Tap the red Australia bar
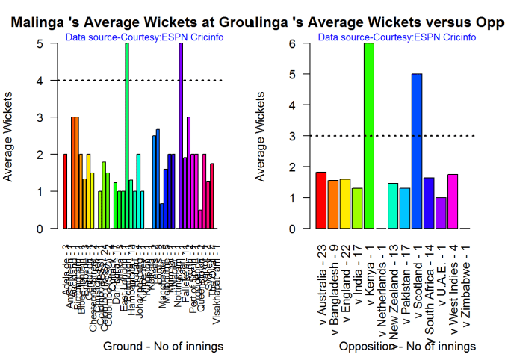320,200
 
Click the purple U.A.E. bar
441,213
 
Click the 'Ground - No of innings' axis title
154,347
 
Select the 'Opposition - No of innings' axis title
407,347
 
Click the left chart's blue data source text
145,37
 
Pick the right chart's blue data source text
397,37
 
